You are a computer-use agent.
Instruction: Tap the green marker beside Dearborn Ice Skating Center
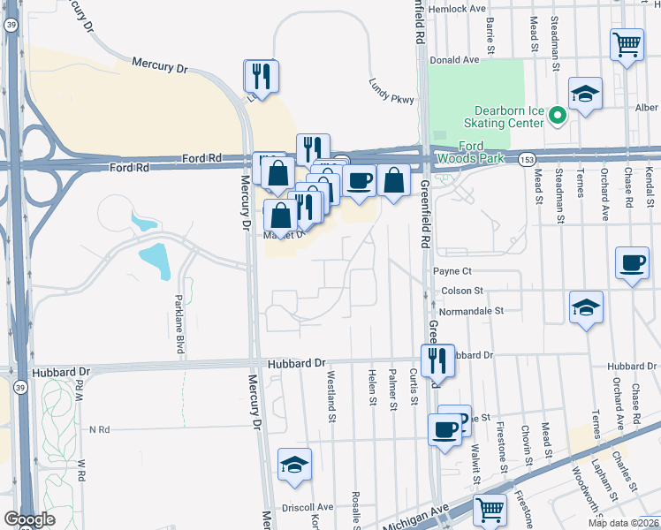pyautogui.click(x=558, y=115)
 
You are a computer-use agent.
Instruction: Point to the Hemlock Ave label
pyautogui.click(x=457, y=8)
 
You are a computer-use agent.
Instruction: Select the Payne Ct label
pyautogui.click(x=453, y=271)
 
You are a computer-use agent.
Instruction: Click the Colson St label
pyautogui.click(x=459, y=290)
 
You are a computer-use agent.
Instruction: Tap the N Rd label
pyautogui.click(x=99, y=429)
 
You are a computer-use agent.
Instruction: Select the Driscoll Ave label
pyautogui.click(x=308, y=507)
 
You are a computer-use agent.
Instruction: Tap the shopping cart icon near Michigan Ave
pyautogui.click(x=490, y=509)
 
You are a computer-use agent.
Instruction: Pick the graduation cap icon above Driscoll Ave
pyautogui.click(x=295, y=464)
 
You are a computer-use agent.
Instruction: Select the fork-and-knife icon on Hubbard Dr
pyautogui.click(x=437, y=360)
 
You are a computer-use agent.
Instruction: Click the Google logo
pyautogui.click(x=29, y=520)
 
